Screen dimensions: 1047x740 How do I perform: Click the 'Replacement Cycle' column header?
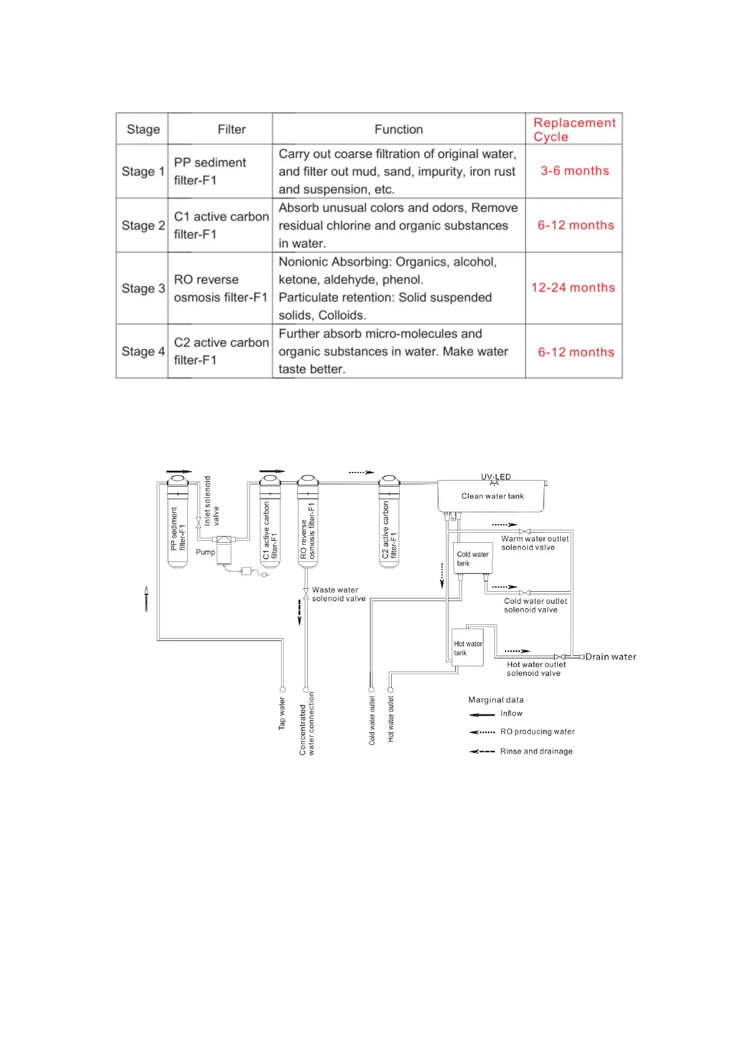pos(574,129)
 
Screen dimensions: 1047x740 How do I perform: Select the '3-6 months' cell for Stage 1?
pos(575,171)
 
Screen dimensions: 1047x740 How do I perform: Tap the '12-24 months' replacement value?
pos(573,288)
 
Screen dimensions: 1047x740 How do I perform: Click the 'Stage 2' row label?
pos(143,226)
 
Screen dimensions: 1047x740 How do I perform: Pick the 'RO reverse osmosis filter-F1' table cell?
pos(220,288)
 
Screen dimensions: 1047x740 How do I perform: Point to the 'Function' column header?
pos(399,129)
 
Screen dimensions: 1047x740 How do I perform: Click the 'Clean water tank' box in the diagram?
pos(492,496)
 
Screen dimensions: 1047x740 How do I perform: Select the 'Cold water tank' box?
pos(473,558)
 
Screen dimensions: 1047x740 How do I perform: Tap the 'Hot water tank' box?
pos(468,648)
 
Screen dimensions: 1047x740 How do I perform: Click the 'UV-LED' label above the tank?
pos(496,477)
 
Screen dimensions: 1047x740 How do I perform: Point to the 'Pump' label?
pos(205,552)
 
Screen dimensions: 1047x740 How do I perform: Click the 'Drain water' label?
pos(611,657)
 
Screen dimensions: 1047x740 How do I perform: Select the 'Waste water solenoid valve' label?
pos(338,594)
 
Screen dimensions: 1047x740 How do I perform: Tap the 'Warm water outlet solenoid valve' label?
pos(535,543)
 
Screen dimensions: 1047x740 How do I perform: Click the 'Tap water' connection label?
pos(282,713)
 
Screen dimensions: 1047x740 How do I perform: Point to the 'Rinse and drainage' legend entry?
pos(536,751)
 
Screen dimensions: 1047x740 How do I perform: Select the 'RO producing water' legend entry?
pos(537,732)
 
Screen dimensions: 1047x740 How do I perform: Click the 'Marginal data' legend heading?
pos(496,700)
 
